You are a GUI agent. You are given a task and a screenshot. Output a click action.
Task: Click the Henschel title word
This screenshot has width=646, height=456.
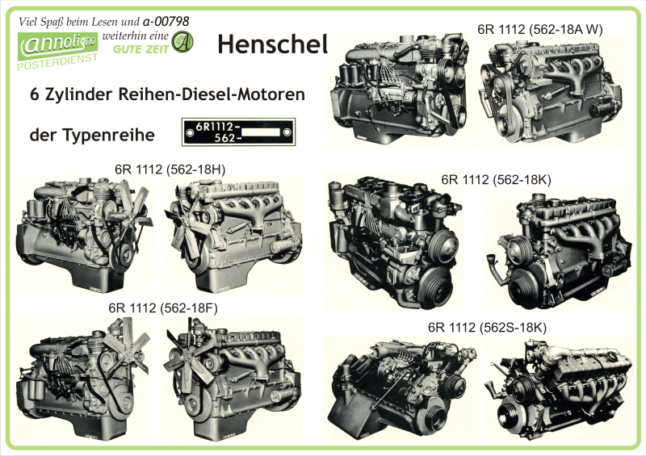point(273,44)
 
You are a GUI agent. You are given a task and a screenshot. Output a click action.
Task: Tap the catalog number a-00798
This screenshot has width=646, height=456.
point(166,21)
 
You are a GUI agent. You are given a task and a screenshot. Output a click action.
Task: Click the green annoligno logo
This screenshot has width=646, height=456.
point(57,44)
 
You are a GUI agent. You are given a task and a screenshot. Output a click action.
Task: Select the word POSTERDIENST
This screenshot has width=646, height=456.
point(57,62)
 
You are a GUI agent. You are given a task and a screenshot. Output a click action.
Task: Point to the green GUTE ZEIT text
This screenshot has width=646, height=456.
point(141,49)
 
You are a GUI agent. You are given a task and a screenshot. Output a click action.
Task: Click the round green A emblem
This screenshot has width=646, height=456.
point(182,43)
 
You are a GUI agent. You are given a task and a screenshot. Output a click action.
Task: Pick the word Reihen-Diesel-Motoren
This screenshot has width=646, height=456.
point(212,94)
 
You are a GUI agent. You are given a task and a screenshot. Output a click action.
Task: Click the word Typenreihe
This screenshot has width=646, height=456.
point(109,135)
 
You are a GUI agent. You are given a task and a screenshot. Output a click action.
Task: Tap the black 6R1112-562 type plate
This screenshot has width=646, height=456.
point(238,132)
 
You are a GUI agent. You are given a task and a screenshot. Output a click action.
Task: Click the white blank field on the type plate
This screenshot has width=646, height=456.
point(261,132)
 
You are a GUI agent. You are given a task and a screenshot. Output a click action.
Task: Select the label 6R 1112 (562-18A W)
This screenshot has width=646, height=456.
point(539,30)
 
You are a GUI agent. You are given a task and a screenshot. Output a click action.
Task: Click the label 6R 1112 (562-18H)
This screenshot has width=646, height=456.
point(170,169)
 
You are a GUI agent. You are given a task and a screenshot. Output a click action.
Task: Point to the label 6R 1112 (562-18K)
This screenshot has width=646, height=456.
point(496,180)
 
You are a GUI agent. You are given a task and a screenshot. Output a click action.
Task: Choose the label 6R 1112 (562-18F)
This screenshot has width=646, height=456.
point(163,308)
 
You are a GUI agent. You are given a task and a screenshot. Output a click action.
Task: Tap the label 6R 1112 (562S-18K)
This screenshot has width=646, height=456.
point(487,328)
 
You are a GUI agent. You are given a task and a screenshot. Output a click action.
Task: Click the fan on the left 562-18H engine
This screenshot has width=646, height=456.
point(132,210)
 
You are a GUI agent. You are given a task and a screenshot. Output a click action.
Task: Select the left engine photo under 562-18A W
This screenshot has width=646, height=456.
point(401,89)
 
